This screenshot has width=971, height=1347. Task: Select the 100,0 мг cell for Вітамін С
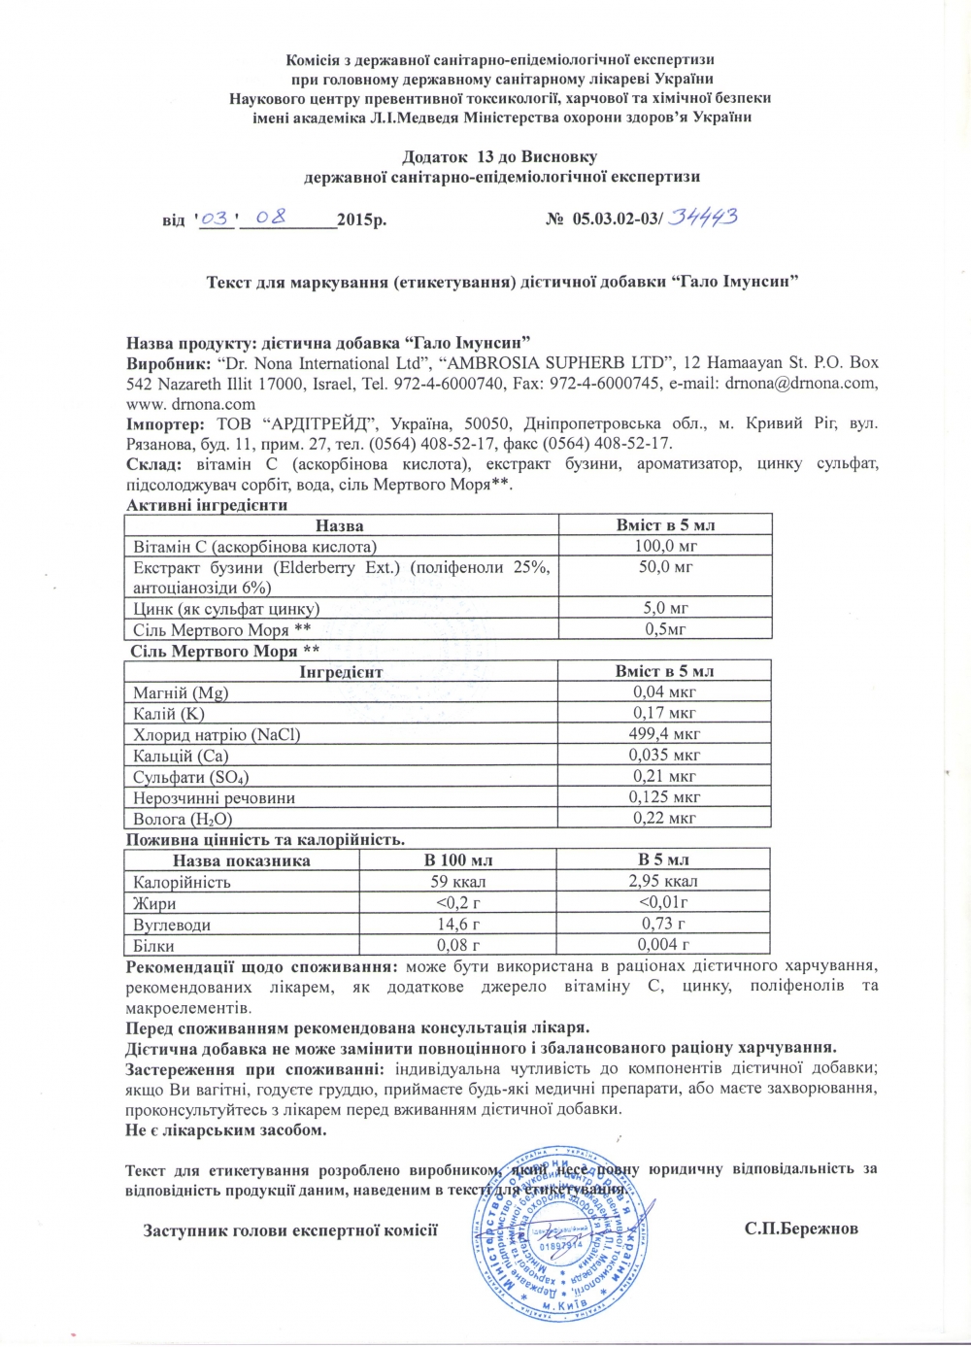[x=665, y=546]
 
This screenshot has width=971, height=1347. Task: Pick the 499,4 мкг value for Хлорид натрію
[x=664, y=734]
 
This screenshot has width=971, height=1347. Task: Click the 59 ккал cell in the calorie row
[x=457, y=882]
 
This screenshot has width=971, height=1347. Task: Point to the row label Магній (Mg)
[x=181, y=692]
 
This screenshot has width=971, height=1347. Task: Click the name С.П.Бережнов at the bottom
[x=801, y=1229]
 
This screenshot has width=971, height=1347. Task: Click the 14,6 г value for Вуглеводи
[x=457, y=925]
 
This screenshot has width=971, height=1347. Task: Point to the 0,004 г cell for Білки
[x=664, y=945]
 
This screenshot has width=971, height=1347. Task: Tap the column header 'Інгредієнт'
[x=341, y=671]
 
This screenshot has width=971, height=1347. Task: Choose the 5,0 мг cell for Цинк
[x=665, y=609]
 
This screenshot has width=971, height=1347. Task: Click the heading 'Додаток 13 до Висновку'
[x=500, y=157]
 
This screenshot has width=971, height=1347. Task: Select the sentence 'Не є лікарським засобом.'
[x=226, y=1130]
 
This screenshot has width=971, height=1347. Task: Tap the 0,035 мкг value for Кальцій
[x=664, y=755]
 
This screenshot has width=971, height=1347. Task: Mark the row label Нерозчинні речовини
[x=214, y=798]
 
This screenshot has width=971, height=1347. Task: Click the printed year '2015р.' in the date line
[x=361, y=219]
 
